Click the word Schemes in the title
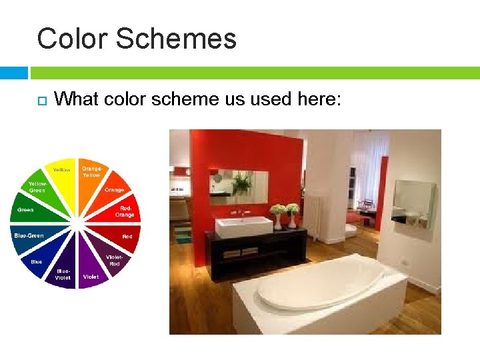[x=175, y=39]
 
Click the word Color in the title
[x=72, y=39]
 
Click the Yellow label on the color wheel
[x=62, y=170]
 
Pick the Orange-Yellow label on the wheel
[x=92, y=171]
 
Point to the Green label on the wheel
[x=25, y=210]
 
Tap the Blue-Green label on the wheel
[x=29, y=235]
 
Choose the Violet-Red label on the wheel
[x=115, y=260]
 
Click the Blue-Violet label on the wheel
[x=63, y=274]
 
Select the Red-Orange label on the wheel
[x=125, y=211]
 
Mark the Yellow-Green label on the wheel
[x=38, y=187]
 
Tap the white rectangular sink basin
[x=243, y=227]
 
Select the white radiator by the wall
[x=313, y=216]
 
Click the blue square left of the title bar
[x=13, y=73]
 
